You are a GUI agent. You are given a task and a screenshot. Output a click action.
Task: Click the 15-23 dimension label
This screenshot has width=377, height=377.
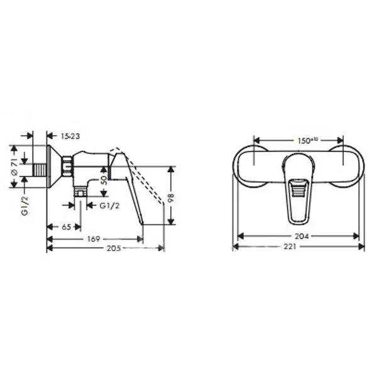click(x=70, y=136)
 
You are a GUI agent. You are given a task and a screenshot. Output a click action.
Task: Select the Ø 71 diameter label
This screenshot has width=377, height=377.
click(x=14, y=167)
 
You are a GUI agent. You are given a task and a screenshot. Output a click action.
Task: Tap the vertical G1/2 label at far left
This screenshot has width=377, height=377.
click(x=26, y=206)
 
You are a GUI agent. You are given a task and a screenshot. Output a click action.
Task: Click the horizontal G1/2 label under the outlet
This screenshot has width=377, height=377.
click(x=109, y=206)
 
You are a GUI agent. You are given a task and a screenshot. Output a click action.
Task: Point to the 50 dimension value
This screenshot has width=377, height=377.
click(x=104, y=180)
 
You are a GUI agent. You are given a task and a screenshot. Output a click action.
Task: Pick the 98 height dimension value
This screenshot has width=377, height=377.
click(x=170, y=199)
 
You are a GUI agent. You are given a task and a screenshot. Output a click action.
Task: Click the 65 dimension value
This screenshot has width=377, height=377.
click(x=66, y=227)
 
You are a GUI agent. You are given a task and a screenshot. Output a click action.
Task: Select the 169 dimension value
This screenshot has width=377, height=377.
click(x=93, y=239)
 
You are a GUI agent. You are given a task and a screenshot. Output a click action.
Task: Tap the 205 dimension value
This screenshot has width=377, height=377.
click(x=114, y=248)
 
